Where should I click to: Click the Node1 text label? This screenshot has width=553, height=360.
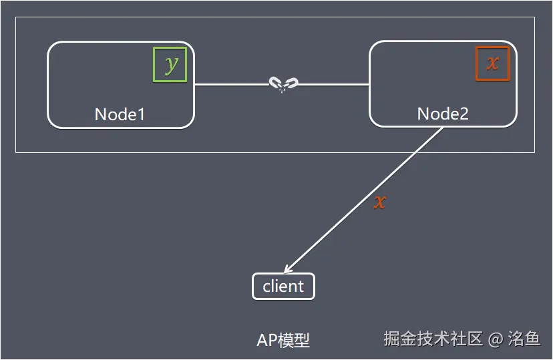point(120,114)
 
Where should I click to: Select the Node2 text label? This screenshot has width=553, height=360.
point(443,114)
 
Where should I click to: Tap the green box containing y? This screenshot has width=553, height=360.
point(170,65)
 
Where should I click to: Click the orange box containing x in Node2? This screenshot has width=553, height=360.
point(492,64)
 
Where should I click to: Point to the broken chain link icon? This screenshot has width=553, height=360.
point(283,84)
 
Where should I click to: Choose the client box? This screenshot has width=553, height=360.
point(283,287)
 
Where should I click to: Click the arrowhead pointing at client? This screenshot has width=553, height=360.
point(287,269)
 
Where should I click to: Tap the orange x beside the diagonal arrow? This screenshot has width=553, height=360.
point(379,202)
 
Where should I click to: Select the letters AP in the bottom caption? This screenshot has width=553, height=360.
point(267,340)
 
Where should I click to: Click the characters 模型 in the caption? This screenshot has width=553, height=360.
point(294,340)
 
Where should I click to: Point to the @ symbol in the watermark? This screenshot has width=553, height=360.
point(495,339)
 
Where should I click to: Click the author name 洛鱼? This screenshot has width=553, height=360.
point(524,339)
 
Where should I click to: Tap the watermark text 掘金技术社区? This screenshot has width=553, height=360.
point(433,339)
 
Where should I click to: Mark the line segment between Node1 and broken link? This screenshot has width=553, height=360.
point(231,85)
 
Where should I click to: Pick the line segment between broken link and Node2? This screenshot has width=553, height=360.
point(333,85)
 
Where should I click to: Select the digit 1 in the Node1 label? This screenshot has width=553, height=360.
point(140,114)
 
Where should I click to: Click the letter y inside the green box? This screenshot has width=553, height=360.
point(171,65)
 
